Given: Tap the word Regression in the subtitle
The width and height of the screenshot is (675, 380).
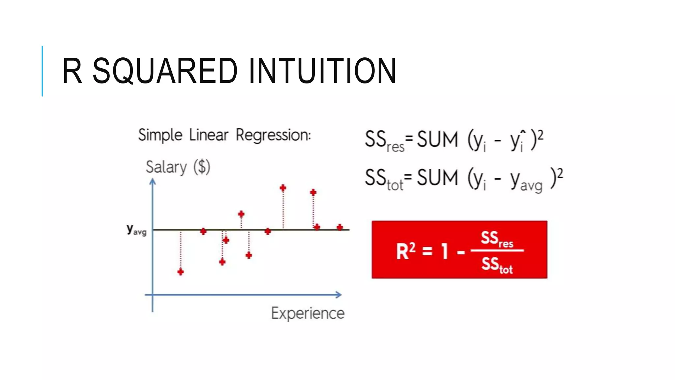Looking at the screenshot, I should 273,135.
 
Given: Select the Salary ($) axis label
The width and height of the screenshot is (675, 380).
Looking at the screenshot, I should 178,167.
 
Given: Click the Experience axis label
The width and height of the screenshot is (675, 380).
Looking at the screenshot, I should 308,313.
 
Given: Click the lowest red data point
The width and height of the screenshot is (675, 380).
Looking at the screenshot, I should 181,272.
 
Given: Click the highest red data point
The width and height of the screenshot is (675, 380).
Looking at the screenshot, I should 283,188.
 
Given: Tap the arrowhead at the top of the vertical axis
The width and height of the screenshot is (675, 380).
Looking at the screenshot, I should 153,181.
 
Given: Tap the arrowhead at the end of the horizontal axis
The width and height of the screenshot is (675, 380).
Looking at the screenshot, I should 338,295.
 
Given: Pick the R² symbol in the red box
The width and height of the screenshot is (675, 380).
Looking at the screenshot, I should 405,251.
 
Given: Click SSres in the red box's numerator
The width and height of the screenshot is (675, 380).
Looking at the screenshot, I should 497,239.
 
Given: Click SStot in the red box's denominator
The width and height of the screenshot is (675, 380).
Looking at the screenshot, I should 497,265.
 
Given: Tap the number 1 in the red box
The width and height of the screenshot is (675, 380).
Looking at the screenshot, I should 445,251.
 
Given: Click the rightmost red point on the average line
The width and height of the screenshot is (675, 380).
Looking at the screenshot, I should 340,227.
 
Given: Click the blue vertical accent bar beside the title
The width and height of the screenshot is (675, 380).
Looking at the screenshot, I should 42,71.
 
